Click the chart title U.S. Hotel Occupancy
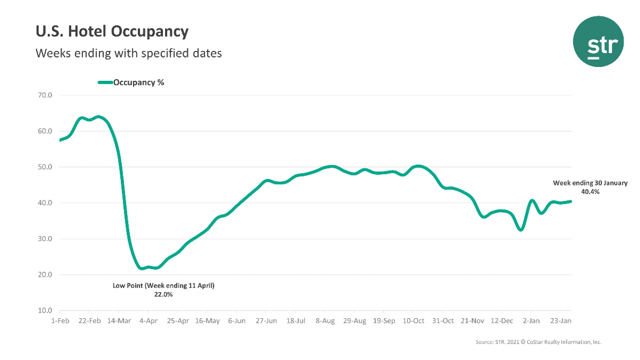point(112,32)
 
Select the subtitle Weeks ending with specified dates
point(128,53)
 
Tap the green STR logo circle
point(598,42)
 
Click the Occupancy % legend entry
point(131,82)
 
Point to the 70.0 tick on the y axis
point(45,95)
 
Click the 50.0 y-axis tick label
point(45,167)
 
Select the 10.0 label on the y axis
point(45,311)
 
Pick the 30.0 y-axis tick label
point(45,239)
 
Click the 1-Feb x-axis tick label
point(60,321)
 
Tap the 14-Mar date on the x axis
point(119,321)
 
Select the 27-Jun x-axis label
point(265,321)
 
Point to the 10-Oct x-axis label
point(413,321)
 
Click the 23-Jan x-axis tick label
point(560,321)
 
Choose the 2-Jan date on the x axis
point(531,321)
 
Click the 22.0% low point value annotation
point(163,295)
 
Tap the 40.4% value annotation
point(590,191)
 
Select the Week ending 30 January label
point(590,183)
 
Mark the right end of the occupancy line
point(571,202)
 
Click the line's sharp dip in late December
point(521,230)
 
